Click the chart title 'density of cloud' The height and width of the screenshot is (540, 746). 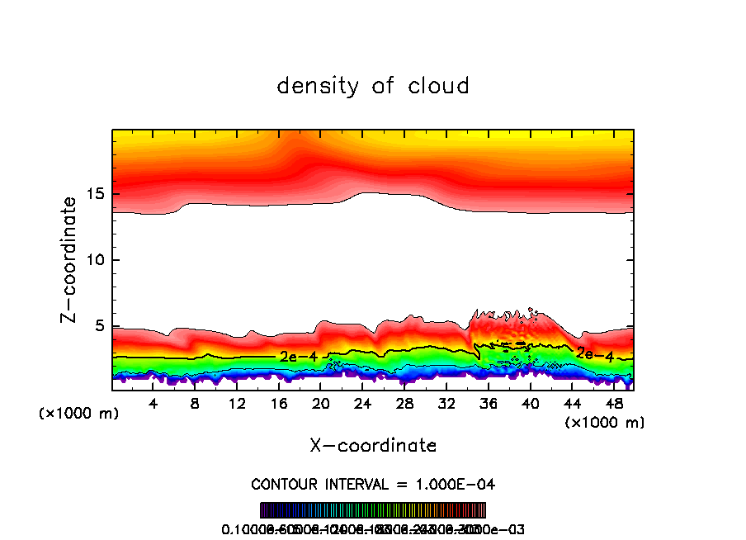373,85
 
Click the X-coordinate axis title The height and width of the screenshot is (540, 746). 373,445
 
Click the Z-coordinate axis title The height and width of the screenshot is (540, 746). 69,259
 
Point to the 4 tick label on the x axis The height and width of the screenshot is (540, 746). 153,404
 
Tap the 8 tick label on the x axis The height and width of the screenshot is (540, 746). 196,404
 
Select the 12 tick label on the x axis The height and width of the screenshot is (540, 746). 238,404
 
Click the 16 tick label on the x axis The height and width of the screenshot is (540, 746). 279,404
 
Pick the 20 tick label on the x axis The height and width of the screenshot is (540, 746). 321,404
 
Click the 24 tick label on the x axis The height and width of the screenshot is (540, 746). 363,404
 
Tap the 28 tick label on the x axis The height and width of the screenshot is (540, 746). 404,404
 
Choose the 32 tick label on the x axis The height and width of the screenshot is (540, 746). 446,404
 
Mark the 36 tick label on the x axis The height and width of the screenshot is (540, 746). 489,404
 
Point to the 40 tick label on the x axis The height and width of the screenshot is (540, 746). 530,404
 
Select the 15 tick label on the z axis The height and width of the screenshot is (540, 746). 96,194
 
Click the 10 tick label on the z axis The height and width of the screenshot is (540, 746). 96,260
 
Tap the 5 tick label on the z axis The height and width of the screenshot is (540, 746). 100,326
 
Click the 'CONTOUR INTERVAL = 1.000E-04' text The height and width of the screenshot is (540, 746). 373,484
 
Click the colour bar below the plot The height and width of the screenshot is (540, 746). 373,509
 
